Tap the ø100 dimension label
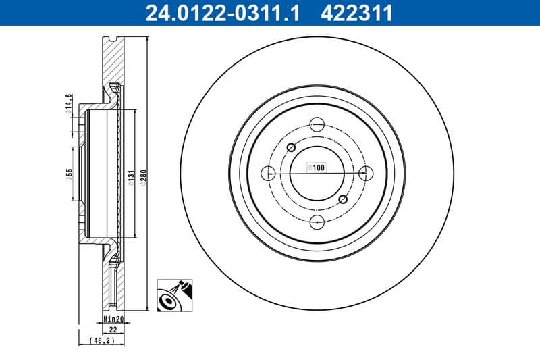[317, 167]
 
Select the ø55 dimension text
[69, 175]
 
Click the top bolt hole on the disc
[317, 124]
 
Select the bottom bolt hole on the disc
[317, 222]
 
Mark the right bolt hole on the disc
[367, 173]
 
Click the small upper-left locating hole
[292, 148]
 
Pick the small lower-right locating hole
[343, 199]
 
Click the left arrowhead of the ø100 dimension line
[293, 173]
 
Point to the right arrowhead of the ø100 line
[342, 173]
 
